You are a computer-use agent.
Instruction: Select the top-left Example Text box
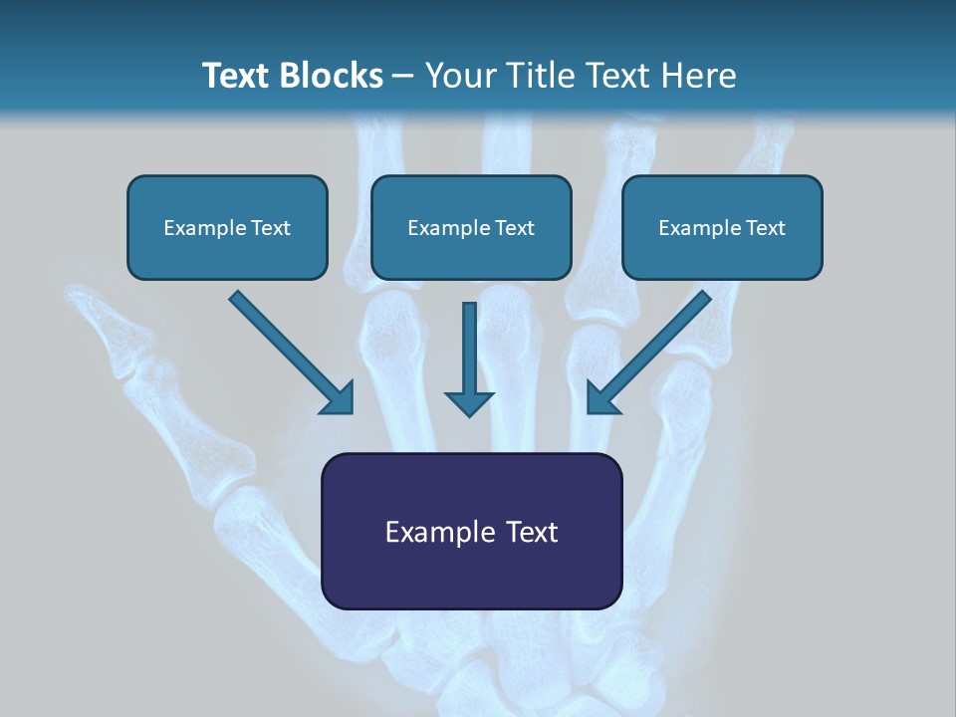pos(227,228)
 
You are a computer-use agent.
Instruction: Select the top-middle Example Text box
pos(471,228)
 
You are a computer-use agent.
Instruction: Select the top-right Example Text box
pos(722,228)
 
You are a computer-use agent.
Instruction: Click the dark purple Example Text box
pos(471,532)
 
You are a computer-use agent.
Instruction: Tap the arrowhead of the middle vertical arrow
pos(469,402)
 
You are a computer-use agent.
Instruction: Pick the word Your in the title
pos(458,76)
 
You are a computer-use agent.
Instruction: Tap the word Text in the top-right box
pos(764,228)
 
